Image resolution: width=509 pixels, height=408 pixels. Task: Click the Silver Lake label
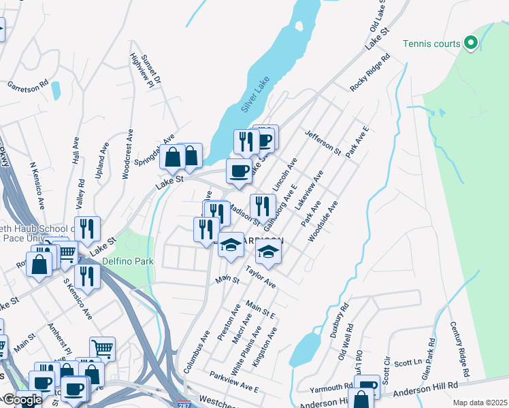coord(256,95)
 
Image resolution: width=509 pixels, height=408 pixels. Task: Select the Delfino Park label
coord(128,261)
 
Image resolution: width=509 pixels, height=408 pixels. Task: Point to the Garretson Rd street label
coord(28,86)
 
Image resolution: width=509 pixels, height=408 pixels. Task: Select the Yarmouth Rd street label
coord(330,388)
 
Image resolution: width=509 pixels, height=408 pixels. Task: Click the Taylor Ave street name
coord(260,277)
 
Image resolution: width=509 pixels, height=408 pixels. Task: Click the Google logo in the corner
coord(22,401)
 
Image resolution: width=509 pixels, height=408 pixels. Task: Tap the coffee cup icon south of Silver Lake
coord(238,171)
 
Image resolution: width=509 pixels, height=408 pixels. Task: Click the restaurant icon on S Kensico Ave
coord(87,275)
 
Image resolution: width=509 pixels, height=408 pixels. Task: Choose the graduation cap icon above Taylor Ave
coord(268,253)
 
